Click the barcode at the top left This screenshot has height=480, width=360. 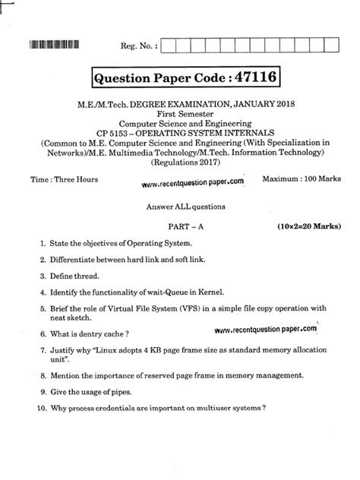pos(54,44)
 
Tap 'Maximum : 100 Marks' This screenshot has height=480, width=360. pos(297,178)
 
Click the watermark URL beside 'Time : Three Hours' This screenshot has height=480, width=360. pos(193,182)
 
